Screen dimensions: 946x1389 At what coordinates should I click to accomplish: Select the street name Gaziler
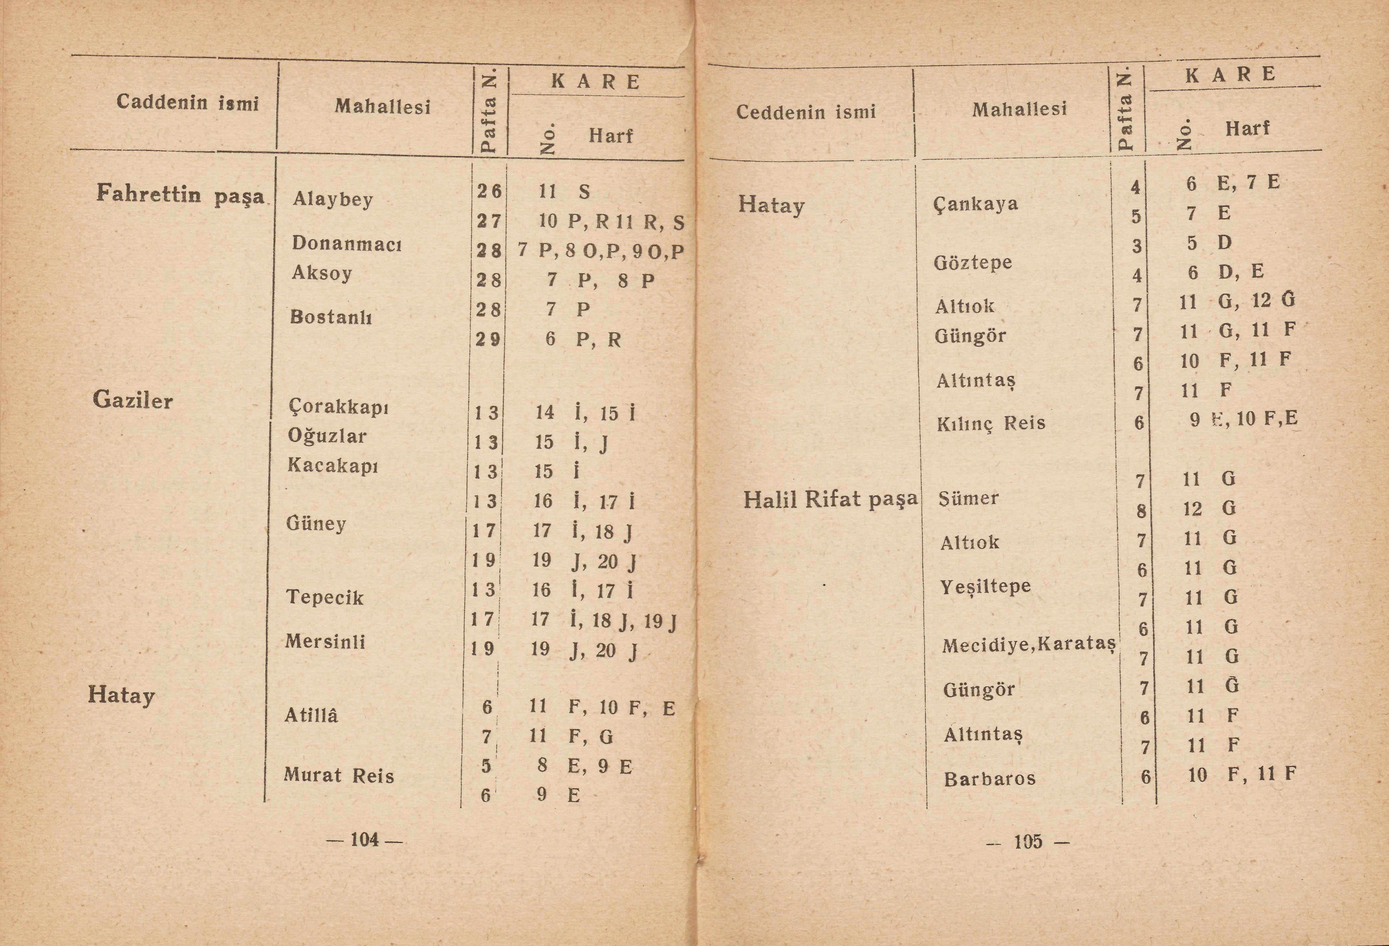coord(133,400)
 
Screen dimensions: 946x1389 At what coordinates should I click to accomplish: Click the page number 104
coord(364,840)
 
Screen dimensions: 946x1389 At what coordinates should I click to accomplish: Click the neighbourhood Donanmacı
coord(347,243)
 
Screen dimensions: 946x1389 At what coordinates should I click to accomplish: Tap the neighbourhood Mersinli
coord(325,641)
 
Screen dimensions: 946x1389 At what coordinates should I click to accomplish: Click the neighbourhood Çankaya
coord(975,204)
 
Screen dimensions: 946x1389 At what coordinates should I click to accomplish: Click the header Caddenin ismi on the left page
coord(188,103)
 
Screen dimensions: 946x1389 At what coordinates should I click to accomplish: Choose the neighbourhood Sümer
coord(968,498)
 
